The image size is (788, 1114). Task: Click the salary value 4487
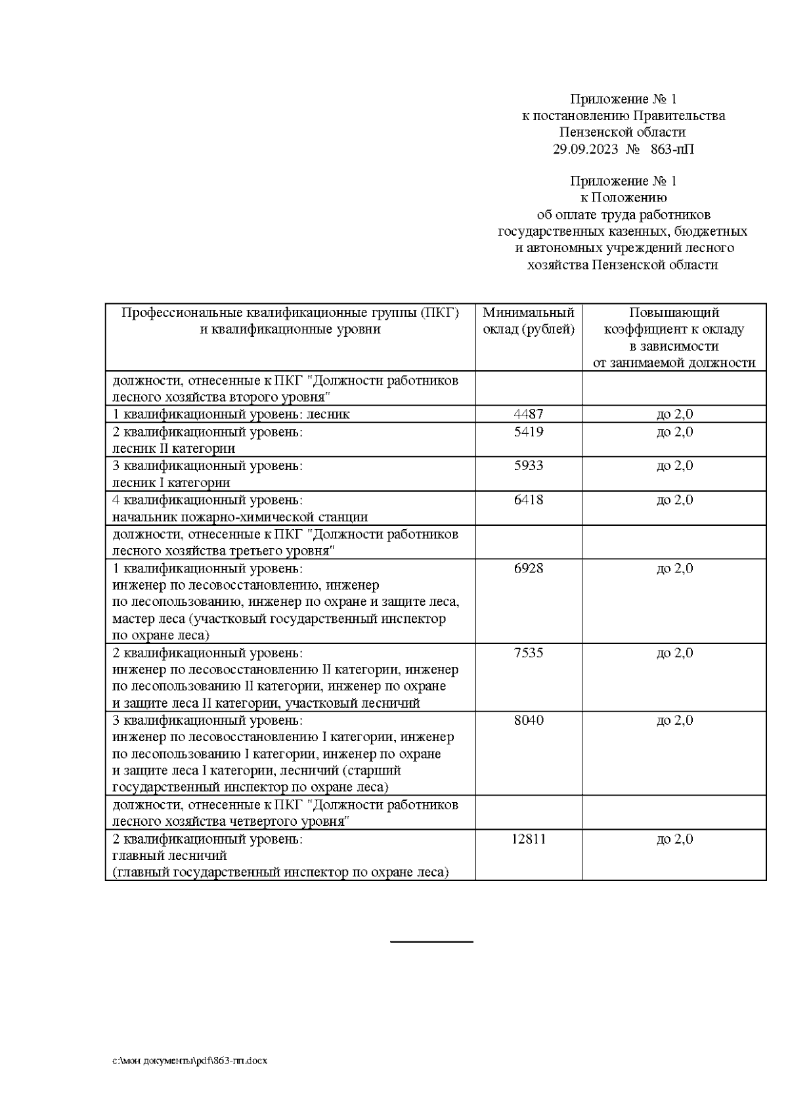pos(529,414)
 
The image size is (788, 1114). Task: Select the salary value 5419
pos(529,432)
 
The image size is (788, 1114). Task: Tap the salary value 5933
pos(529,466)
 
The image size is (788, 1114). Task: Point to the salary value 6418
pos(529,500)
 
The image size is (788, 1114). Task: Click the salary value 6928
pos(529,568)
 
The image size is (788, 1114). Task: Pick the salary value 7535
pos(529,653)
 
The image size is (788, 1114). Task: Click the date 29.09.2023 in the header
pos(585,150)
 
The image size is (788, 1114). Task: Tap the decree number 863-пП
pos(672,150)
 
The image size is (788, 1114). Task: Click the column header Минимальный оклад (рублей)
pos(529,321)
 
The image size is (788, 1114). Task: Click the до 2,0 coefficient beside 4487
pos(674,414)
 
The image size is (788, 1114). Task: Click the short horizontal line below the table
pos(431,942)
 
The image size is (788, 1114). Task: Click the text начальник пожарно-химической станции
pos(240,517)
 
